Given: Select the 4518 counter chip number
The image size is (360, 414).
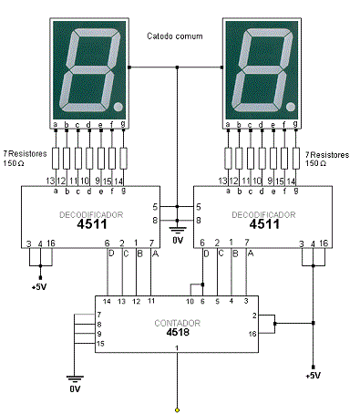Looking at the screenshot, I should coord(178,333).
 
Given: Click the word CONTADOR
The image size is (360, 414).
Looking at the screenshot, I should coord(178,322).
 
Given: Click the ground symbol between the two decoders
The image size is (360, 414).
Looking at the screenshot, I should coord(178,231).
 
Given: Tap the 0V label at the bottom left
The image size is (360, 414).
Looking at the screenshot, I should coord(75,388).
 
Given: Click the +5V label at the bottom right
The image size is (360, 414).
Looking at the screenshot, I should coord(312,375).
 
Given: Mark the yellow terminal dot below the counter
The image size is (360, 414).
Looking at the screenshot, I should coord(178,408).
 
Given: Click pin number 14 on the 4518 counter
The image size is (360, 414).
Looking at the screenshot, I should coord(107,300).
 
